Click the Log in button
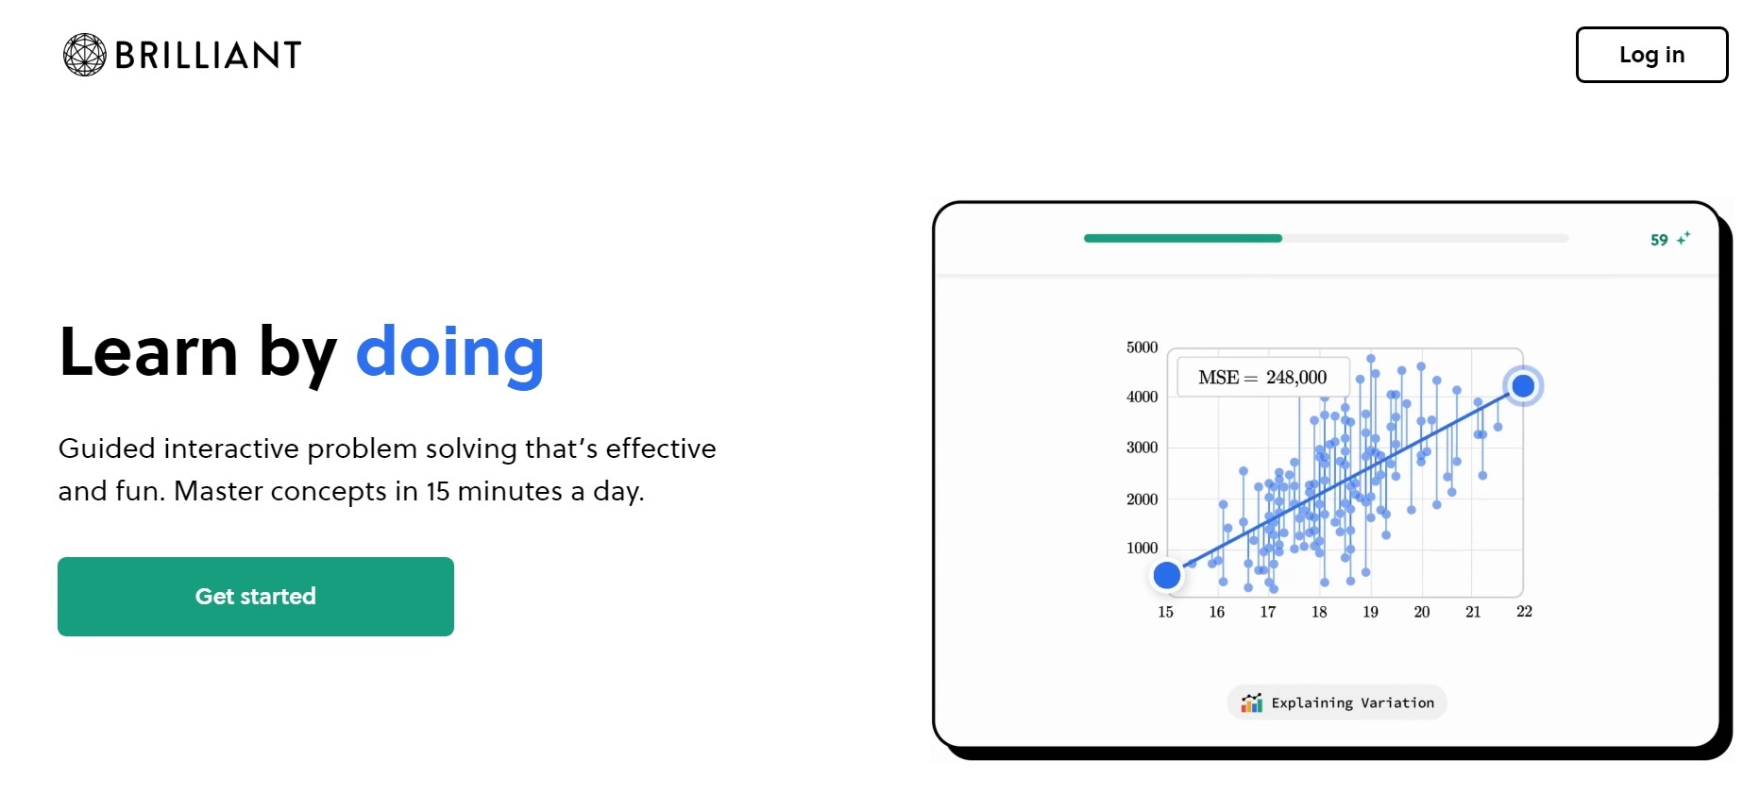(x=1651, y=55)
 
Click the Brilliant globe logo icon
(x=84, y=55)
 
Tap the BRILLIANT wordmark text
(x=208, y=56)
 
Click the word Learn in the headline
(x=148, y=352)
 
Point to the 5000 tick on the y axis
(x=1142, y=347)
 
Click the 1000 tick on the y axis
(x=1142, y=548)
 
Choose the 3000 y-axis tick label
(x=1142, y=448)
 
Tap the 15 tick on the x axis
(x=1166, y=612)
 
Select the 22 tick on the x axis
(x=1524, y=612)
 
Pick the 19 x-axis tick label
(x=1370, y=612)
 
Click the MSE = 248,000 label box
(x=1262, y=378)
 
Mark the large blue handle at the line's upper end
(x=1523, y=386)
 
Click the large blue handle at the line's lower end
(x=1167, y=575)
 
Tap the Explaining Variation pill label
(x=1337, y=702)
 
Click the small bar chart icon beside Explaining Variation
(x=1252, y=702)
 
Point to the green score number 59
(x=1659, y=240)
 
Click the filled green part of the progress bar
(x=1183, y=238)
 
